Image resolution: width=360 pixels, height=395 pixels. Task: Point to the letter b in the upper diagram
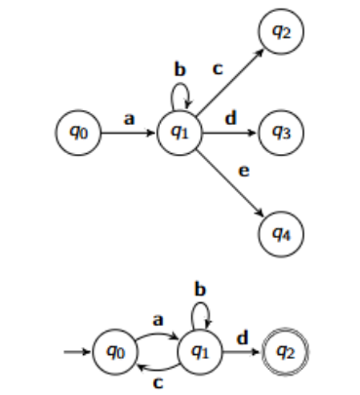tap(180, 70)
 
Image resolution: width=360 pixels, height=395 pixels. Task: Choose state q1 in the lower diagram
tap(199, 348)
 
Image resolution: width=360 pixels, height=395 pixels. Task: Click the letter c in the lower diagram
tap(154, 382)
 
